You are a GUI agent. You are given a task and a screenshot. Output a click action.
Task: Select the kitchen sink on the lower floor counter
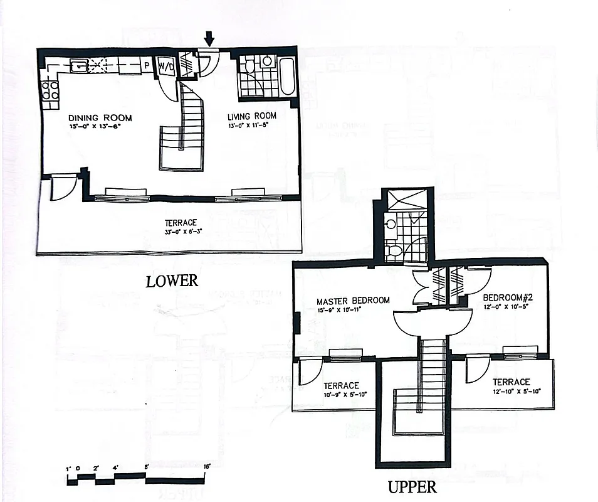point(79,65)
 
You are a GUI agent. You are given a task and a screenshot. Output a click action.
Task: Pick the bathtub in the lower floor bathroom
point(288,77)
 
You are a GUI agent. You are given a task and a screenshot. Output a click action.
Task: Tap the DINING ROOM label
point(100,118)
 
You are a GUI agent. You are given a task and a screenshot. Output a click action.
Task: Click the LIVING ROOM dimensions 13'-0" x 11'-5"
point(252,125)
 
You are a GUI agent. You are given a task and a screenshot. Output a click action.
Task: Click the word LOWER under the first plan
point(172,281)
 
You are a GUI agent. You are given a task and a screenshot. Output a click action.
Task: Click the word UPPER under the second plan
point(411,487)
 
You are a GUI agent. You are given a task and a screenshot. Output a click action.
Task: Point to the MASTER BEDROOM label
point(353,301)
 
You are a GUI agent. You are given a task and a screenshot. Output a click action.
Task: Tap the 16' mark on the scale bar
point(206,467)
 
